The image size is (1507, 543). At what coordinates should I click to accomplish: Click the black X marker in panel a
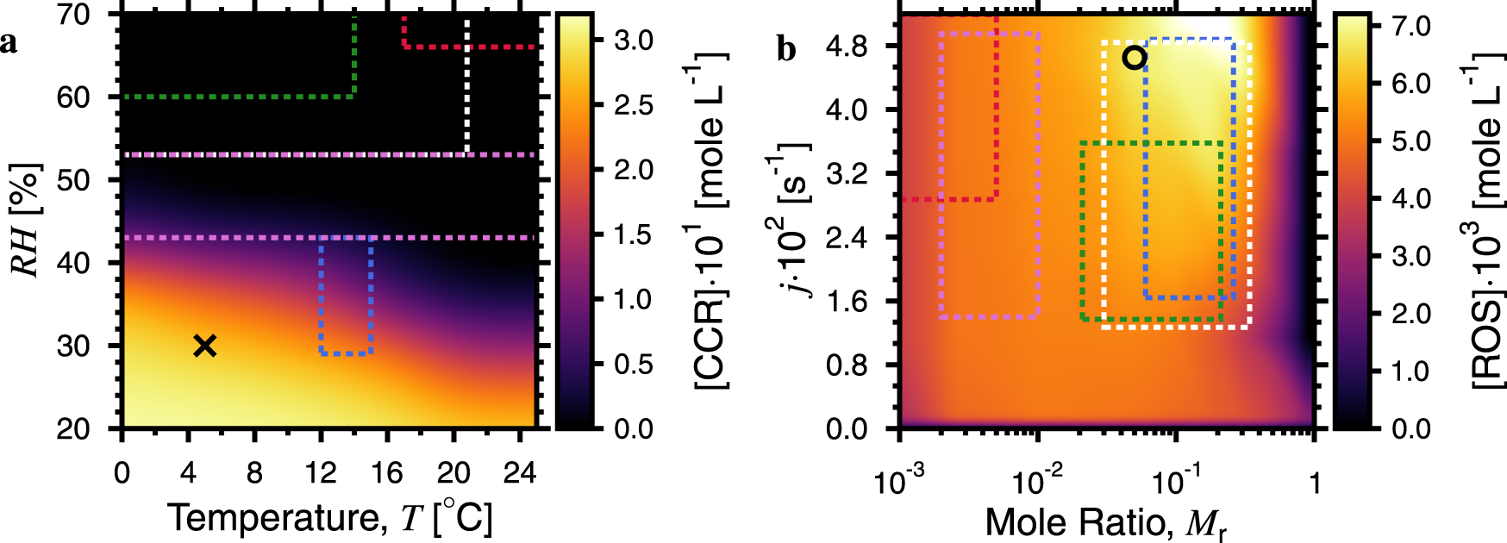(x=204, y=346)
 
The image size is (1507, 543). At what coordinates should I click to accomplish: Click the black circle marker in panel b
(x=1135, y=58)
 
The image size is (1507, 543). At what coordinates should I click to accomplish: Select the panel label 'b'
(x=785, y=49)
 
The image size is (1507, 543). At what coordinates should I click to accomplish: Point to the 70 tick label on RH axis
(x=74, y=15)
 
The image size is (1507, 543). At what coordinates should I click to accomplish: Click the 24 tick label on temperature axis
(x=519, y=473)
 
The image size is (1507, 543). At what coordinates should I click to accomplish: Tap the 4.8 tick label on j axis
(x=846, y=47)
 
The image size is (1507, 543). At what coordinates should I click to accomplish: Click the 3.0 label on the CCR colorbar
(x=633, y=41)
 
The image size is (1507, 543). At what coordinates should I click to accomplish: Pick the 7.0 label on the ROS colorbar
(x=1411, y=26)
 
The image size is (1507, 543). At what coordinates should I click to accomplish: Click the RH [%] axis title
(x=26, y=220)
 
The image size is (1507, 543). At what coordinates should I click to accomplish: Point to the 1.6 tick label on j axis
(x=846, y=301)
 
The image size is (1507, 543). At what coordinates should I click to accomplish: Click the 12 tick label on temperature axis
(x=321, y=473)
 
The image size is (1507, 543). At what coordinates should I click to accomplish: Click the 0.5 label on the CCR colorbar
(x=633, y=364)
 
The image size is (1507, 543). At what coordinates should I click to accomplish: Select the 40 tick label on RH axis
(x=74, y=263)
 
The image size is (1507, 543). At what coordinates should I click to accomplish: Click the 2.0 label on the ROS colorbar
(x=1411, y=314)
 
